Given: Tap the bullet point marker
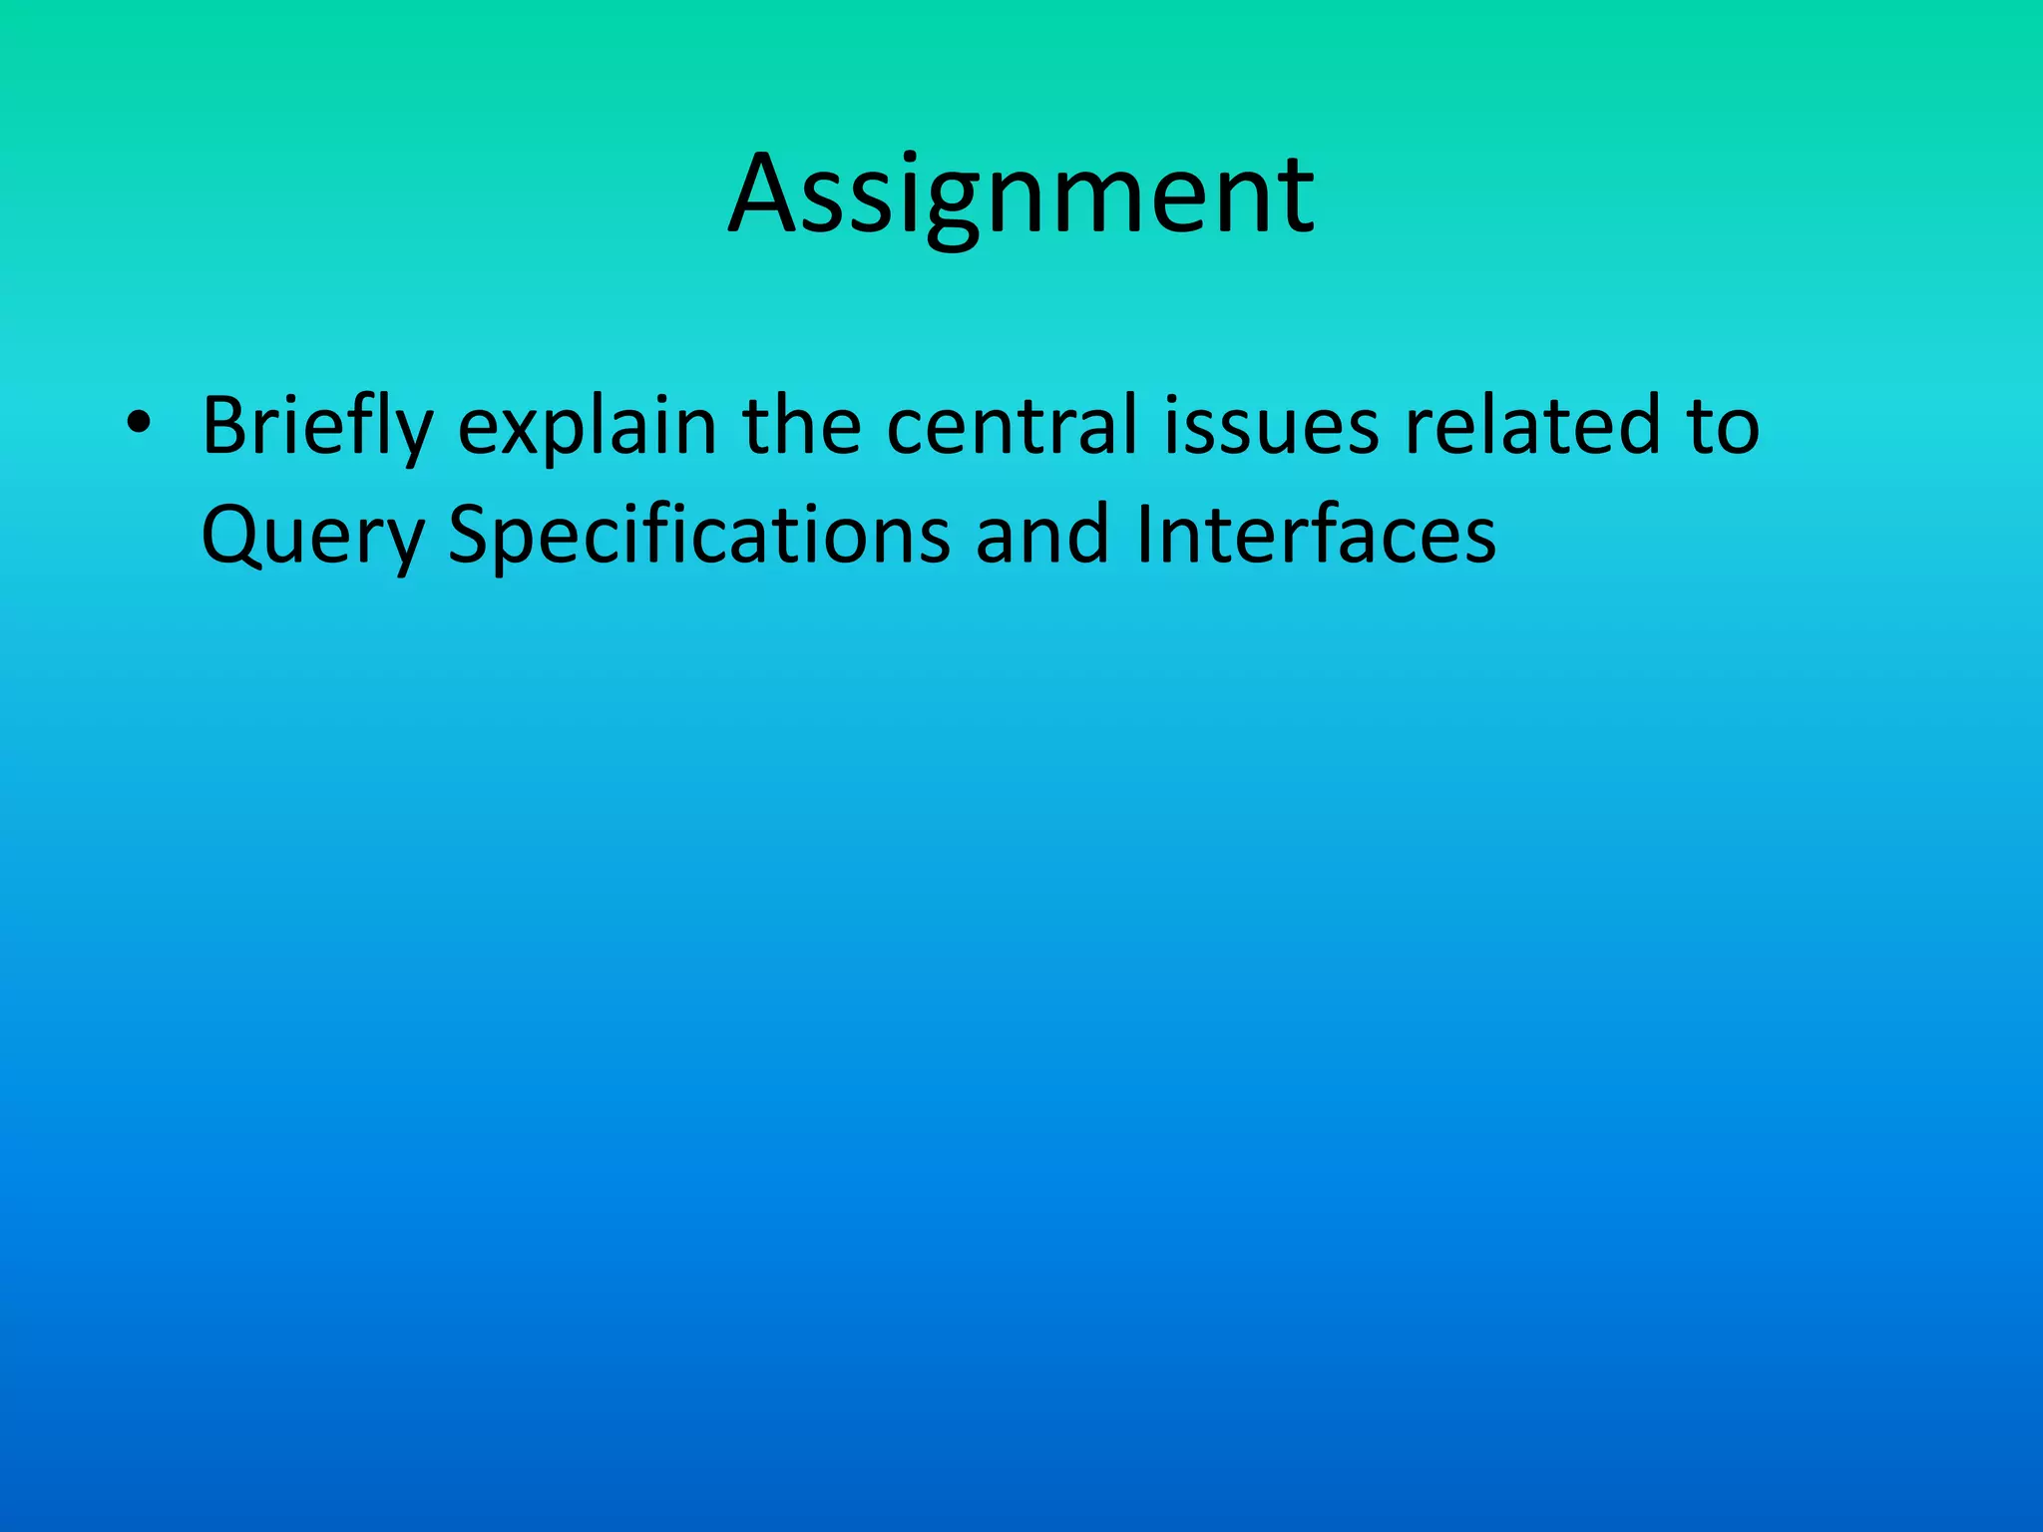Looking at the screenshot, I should (138, 425).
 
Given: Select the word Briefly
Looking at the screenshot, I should (317, 427).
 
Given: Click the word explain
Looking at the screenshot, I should (587, 427).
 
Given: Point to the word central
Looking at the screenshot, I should (1012, 425).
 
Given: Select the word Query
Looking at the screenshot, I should (312, 537).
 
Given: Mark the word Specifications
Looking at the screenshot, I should (699, 537).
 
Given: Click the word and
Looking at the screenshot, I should (1041, 535).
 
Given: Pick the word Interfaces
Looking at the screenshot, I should (1316, 535).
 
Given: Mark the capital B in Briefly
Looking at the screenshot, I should (225, 425).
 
